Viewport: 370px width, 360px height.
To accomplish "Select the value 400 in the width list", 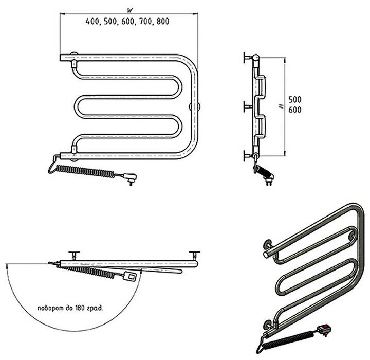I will pyautogui.click(x=93, y=22).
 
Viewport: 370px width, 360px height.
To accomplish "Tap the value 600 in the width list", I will pyautogui.click(x=128, y=22).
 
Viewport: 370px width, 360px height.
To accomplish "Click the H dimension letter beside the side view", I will pyautogui.click(x=281, y=106).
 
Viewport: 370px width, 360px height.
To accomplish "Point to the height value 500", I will pyautogui.click(x=294, y=99).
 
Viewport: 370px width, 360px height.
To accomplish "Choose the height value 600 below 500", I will pyautogui.click(x=294, y=111).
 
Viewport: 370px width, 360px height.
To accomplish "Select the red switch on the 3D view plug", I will pyautogui.click(x=323, y=328).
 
